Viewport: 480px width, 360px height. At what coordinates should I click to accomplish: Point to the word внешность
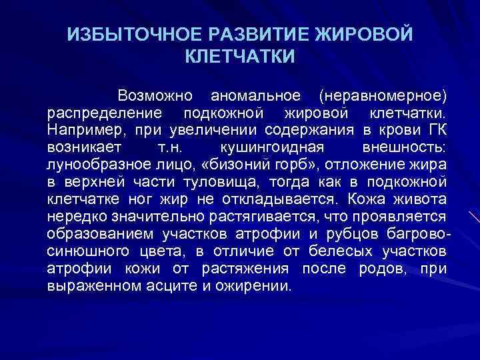coord(406,146)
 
